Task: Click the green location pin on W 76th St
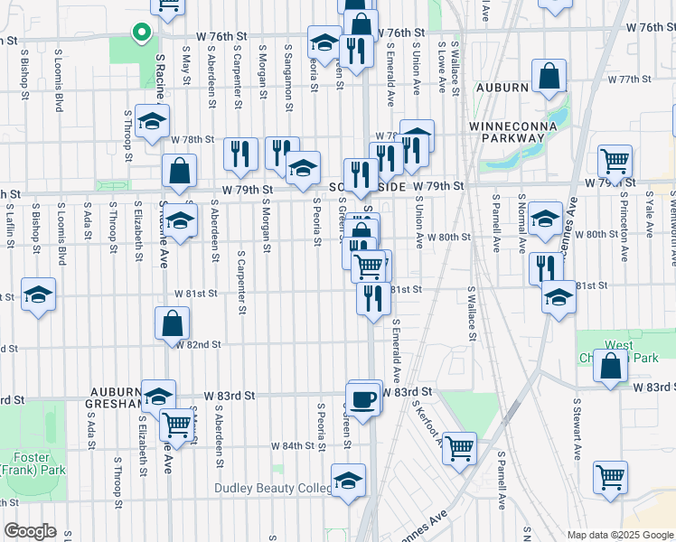click(141, 33)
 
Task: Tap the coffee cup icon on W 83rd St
click(363, 399)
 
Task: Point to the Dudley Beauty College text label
click(273, 489)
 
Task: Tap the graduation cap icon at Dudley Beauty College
click(348, 481)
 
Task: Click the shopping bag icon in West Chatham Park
click(611, 367)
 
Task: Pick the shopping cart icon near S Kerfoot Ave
click(459, 446)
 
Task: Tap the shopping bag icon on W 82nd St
click(172, 324)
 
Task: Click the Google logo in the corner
click(29, 531)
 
